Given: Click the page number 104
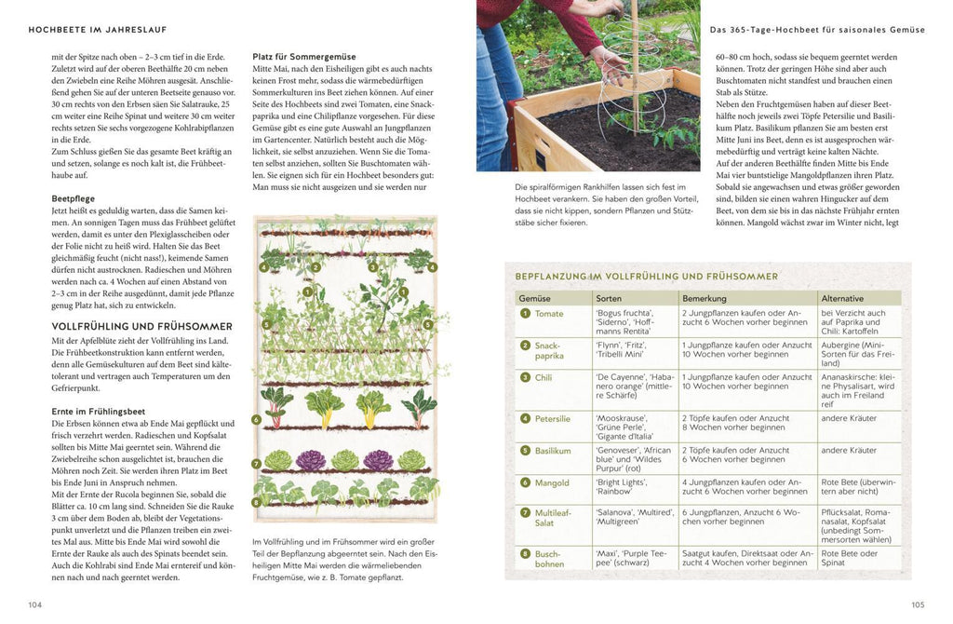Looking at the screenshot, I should point(35,604).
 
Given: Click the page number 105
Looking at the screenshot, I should point(917,604).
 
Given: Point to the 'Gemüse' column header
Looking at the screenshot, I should point(535,298).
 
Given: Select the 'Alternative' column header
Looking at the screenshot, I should point(843,298).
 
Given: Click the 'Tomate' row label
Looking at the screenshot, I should point(549,314).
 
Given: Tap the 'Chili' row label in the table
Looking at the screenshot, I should point(544,378).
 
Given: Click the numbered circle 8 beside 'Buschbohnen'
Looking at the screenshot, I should point(525,553).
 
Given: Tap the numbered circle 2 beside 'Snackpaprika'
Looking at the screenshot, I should point(525,346).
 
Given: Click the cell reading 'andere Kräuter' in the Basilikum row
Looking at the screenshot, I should point(849,451).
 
